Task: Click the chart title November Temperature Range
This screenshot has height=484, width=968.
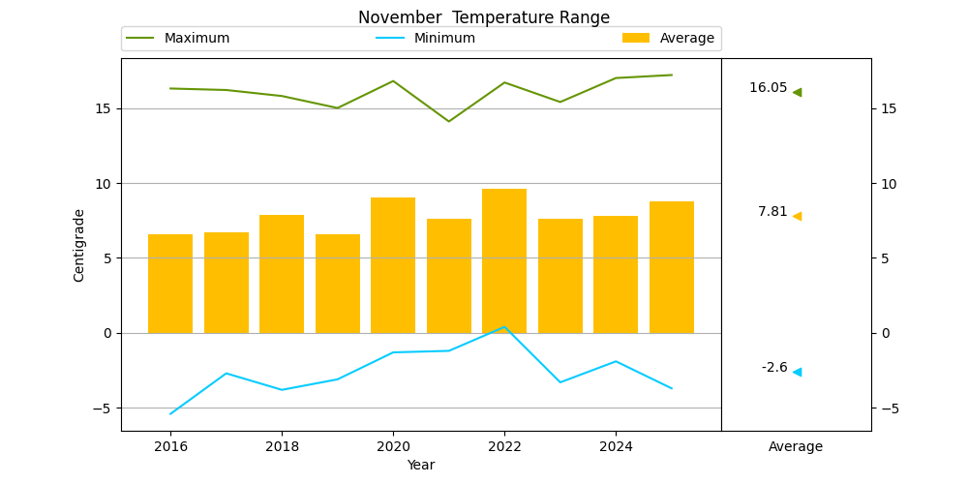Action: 483,17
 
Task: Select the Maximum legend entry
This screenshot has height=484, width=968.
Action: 178,39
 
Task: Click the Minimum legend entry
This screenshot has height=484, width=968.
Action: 425,39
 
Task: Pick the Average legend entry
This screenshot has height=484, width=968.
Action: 668,39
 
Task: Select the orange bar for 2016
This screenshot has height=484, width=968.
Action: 170,284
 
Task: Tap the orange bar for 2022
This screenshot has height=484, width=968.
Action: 504,261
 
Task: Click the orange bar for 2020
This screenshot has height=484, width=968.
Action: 393,265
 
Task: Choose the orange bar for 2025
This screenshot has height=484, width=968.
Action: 672,267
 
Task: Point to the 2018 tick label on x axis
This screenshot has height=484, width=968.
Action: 282,446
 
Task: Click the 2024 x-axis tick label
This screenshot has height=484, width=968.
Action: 616,446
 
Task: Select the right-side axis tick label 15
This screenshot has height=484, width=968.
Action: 884,109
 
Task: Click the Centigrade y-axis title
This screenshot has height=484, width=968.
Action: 78,246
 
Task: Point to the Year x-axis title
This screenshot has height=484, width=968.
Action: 421,465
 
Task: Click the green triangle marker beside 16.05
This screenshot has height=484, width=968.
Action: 798,93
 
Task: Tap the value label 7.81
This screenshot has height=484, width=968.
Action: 772,212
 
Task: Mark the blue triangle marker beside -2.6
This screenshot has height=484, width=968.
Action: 798,373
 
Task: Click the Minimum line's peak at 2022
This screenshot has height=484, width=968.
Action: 504,326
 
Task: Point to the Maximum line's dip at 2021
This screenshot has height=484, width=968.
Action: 449,121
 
